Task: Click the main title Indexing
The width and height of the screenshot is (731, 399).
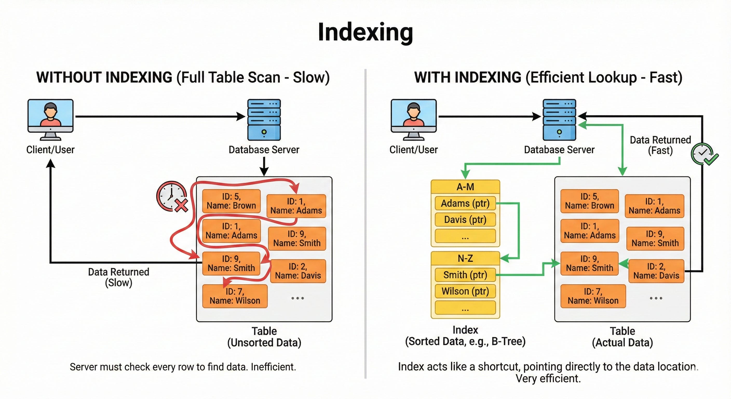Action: pyautogui.click(x=365, y=32)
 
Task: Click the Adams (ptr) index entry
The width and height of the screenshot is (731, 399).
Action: pyautogui.click(x=465, y=203)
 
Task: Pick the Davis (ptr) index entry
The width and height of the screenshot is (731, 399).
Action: pyautogui.click(x=465, y=220)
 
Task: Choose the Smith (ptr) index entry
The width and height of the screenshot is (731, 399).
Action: pyautogui.click(x=465, y=275)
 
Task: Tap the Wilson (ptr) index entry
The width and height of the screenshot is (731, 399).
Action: pyautogui.click(x=465, y=291)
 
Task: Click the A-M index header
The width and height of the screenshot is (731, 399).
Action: pyautogui.click(x=465, y=187)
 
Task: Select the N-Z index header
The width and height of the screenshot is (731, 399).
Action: pyautogui.click(x=465, y=258)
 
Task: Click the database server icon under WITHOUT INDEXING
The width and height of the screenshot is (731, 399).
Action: pyautogui.click(x=264, y=119)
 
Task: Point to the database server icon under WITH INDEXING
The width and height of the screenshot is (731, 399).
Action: pyautogui.click(x=559, y=119)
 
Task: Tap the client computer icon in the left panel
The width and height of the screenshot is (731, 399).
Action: pyautogui.click(x=51, y=119)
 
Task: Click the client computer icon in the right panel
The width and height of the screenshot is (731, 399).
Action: pyautogui.click(x=414, y=119)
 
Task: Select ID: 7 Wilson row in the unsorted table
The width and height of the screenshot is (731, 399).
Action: pyautogui.click(x=235, y=296)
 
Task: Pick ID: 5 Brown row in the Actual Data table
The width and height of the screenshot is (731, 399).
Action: pyautogui.click(x=590, y=201)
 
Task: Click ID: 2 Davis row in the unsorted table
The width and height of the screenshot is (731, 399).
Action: pyautogui.click(x=298, y=271)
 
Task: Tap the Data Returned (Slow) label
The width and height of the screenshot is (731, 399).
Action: pyautogui.click(x=119, y=277)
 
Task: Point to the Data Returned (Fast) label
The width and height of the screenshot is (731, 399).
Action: pyautogui.click(x=660, y=145)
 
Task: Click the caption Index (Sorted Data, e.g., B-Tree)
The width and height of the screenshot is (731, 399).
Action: pyautogui.click(x=465, y=336)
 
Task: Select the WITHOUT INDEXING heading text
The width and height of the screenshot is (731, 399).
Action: pyautogui.click(x=104, y=77)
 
